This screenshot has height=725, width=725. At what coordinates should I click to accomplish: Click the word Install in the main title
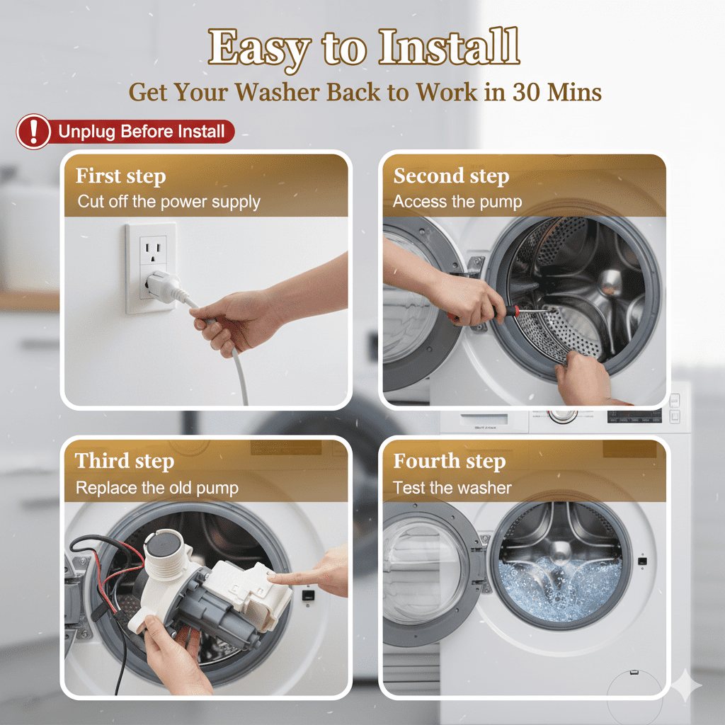coord(449,47)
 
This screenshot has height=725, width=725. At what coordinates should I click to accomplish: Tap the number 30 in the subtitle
coord(526,91)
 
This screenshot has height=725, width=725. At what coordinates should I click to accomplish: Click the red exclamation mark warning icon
coord(33,132)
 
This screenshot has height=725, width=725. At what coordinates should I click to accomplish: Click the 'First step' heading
coord(120,176)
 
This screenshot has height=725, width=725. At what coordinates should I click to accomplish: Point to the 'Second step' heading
coord(451,176)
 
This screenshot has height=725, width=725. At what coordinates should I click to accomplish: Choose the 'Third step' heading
coord(125,461)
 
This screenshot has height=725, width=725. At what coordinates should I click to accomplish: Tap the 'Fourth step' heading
coord(450,461)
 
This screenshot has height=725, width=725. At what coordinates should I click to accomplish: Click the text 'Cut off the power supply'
coord(169,202)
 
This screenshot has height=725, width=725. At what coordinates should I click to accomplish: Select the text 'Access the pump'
coord(457,202)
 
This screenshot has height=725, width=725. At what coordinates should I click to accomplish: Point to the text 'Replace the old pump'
coord(157,488)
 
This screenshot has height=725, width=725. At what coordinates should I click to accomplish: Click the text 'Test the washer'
coord(452,488)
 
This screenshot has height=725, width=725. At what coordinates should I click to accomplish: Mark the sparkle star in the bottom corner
coord(687,686)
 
